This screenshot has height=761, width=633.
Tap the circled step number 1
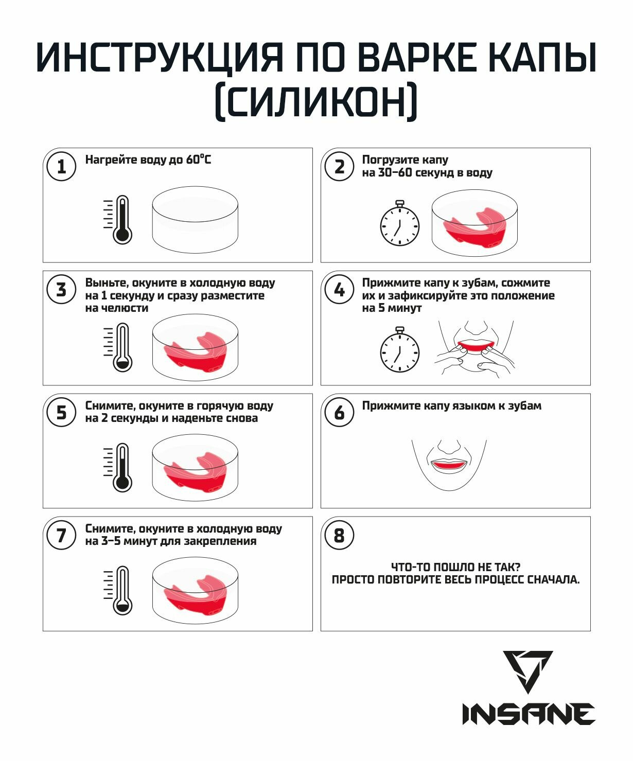coord(61,167)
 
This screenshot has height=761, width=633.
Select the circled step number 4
coord(339,290)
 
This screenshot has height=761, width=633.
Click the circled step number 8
coord(339,536)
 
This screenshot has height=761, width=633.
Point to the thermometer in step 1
coord(118,219)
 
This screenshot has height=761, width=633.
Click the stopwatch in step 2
coord(400,223)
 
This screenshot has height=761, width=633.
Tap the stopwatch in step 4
coord(400,349)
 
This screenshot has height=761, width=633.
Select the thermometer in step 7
coord(118,591)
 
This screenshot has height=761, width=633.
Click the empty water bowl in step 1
coord(195,220)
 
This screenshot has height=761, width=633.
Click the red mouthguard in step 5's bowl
coord(195,473)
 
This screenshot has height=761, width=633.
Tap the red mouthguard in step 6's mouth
coord(449,465)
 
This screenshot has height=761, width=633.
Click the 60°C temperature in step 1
coord(198,160)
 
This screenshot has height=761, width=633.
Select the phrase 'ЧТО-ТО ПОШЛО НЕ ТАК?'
coord(455,567)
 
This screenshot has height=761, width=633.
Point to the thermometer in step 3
coord(118,347)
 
